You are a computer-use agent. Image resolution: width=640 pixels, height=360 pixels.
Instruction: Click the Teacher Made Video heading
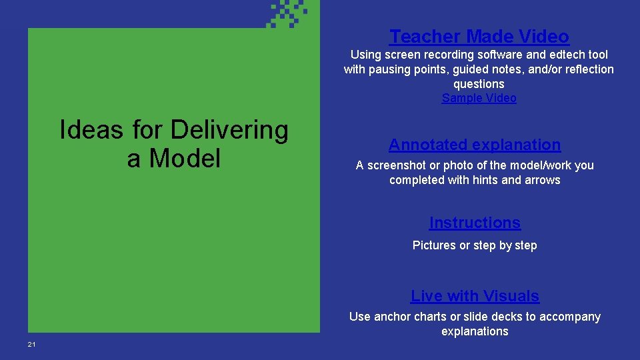click(x=479, y=36)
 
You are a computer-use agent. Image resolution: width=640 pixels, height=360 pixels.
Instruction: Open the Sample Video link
click(x=479, y=98)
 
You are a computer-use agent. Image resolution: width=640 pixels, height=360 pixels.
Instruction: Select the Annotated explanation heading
click(x=475, y=145)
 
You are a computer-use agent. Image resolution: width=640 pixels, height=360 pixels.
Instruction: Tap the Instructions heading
click(x=475, y=223)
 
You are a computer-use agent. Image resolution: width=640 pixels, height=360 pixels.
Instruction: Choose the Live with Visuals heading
click(x=475, y=296)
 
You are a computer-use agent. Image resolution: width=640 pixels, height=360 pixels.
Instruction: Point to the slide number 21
click(x=31, y=344)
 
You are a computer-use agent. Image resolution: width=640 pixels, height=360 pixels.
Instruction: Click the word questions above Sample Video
click(x=479, y=84)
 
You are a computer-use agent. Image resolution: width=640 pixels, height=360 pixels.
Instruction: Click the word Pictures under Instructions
click(x=433, y=245)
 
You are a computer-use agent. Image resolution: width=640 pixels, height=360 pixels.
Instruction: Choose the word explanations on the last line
click(x=475, y=331)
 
